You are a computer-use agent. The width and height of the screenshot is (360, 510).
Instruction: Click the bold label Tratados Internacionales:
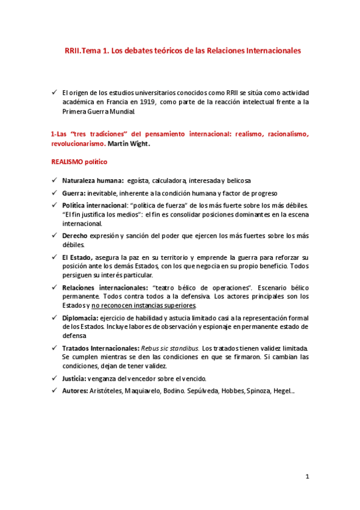pos(100,348)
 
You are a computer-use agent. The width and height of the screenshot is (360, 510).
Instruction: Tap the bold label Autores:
pos(76,391)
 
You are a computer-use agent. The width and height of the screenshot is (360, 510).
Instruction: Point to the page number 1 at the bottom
pos(307,477)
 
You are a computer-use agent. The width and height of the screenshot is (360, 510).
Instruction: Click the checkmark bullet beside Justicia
pos(54,378)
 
